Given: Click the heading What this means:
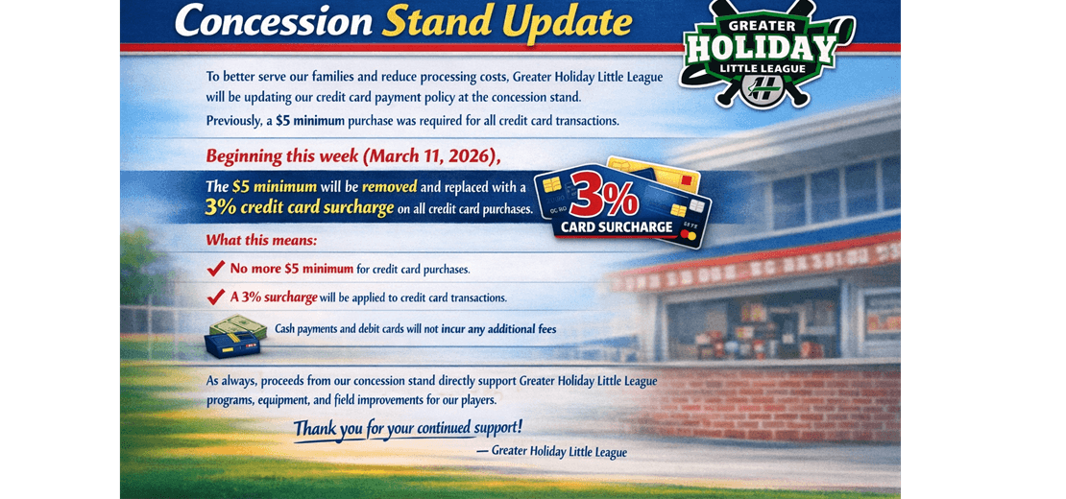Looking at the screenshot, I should [261, 240].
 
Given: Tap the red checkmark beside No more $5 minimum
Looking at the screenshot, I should [216, 269].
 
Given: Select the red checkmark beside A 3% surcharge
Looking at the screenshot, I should [216, 297].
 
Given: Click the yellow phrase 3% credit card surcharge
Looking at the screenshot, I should [298, 207].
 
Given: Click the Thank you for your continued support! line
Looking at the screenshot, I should [407, 427].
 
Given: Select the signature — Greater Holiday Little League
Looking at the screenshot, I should [551, 451].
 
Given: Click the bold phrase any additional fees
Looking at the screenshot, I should [511, 330].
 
